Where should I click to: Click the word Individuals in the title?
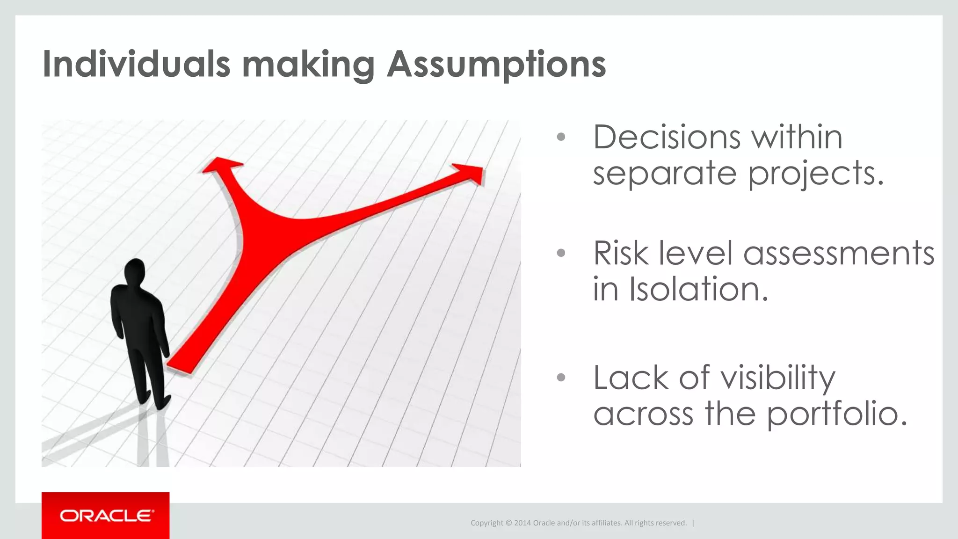136,64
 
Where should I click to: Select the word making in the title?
308,65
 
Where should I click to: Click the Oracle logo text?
106,516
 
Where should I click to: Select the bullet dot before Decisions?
561,137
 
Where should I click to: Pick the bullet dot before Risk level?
561,253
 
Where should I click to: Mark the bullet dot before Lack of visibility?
561,377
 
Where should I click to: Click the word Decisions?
666,137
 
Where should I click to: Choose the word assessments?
838,253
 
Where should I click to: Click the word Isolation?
698,289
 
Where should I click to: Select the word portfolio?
837,414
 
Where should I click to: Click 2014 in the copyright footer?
522,523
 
